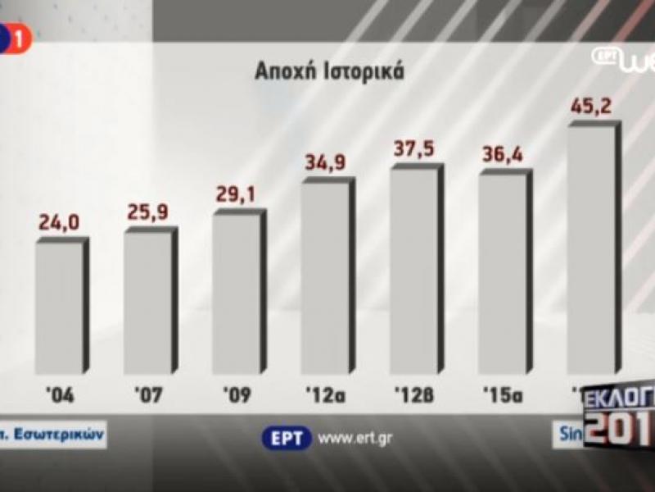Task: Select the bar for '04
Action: [x=59, y=307]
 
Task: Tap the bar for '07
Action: [x=148, y=302]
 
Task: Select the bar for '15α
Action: [x=503, y=273]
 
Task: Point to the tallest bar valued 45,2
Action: [x=592, y=250]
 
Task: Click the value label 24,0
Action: [x=59, y=223]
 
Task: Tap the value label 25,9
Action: [x=148, y=212]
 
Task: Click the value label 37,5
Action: [x=414, y=149]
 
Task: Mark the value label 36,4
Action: [x=504, y=156]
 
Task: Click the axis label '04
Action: [x=60, y=396]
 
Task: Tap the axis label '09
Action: [x=237, y=396]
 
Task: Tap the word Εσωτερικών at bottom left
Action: [x=60, y=435]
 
